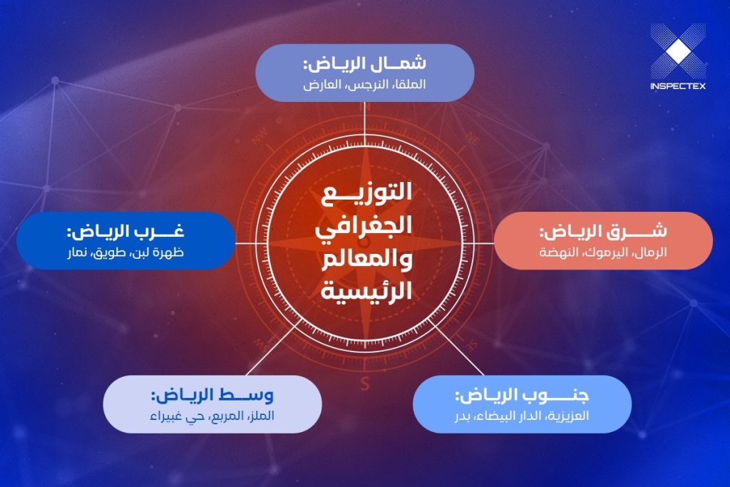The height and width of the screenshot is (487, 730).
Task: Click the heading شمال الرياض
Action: tap(364, 63)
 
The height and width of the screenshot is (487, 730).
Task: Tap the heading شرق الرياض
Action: tap(603, 232)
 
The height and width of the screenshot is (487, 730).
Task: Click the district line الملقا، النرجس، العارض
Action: tap(364, 84)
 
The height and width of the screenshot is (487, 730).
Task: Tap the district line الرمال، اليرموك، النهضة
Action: tap(603, 252)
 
